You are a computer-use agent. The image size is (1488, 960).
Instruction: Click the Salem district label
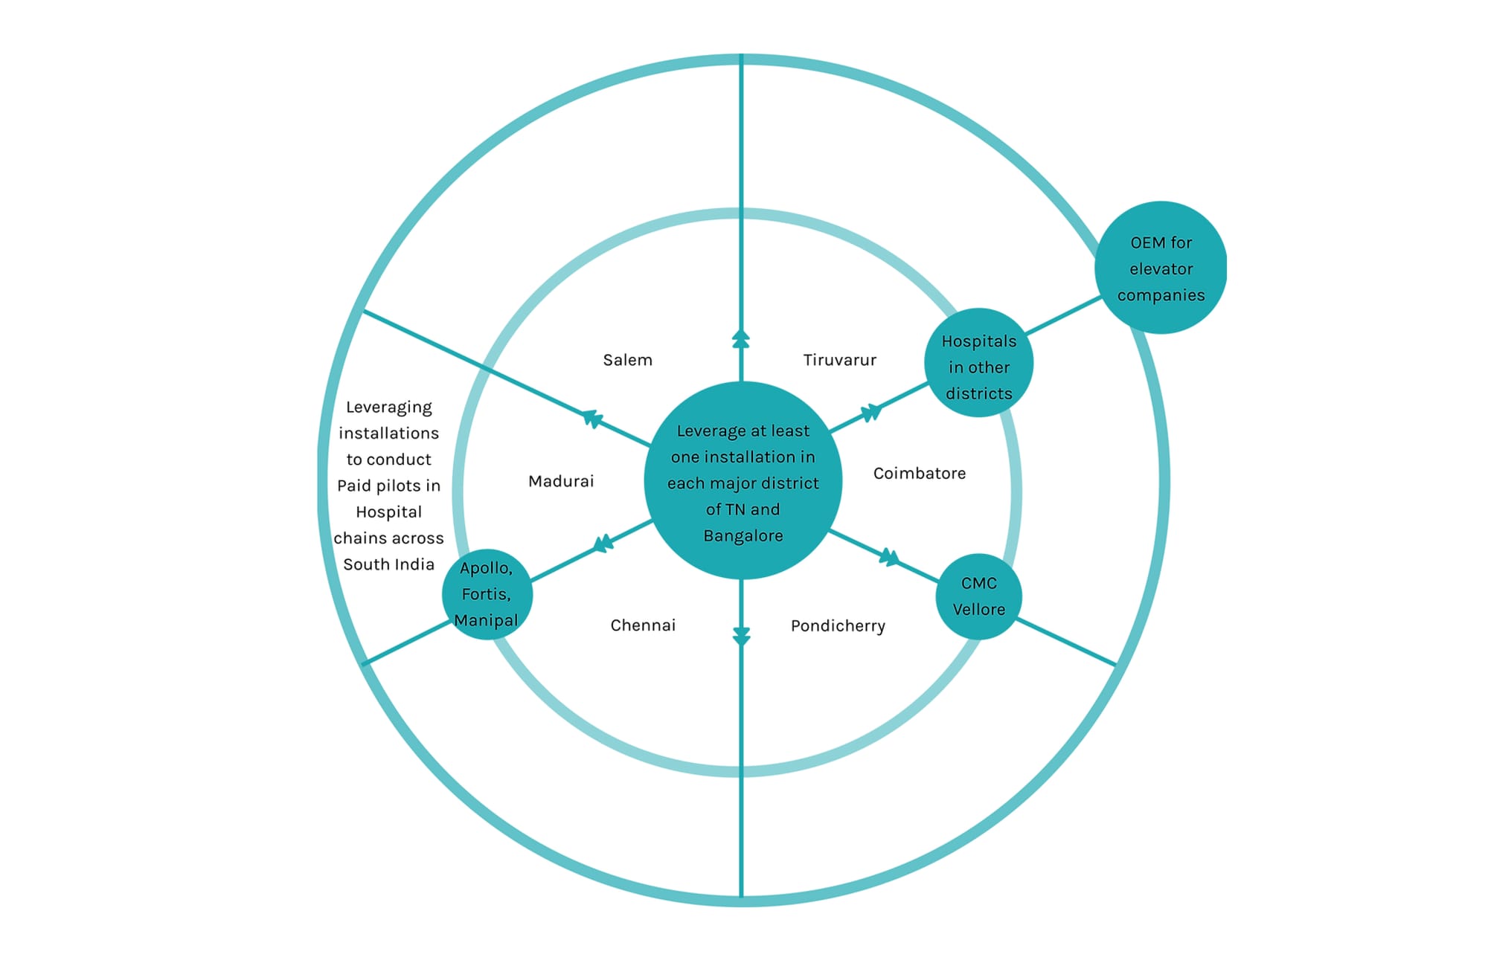pyautogui.click(x=627, y=360)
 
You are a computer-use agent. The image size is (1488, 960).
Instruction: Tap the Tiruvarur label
pyautogui.click(x=839, y=360)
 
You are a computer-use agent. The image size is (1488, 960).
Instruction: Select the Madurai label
pyautogui.click(x=561, y=481)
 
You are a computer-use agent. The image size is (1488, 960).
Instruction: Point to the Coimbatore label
pyautogui.click(x=919, y=473)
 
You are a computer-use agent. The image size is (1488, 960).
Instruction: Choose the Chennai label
pyautogui.click(x=643, y=625)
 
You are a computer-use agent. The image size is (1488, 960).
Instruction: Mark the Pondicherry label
pyautogui.click(x=838, y=625)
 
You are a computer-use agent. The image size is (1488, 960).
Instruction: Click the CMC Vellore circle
pyautogui.click(x=978, y=596)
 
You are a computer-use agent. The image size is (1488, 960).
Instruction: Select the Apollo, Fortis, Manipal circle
pyautogui.click(x=487, y=594)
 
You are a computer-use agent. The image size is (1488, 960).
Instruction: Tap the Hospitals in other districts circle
pyautogui.click(x=978, y=363)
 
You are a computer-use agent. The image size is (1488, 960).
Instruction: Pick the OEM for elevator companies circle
pyautogui.click(x=1161, y=268)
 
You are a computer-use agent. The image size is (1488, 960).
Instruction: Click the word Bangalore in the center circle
pyautogui.click(x=743, y=535)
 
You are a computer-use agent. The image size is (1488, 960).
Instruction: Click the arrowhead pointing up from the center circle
pyautogui.click(x=741, y=338)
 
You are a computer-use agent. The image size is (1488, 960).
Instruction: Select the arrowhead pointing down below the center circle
pyautogui.click(x=741, y=636)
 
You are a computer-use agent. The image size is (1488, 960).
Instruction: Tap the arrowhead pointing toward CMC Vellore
pyautogui.click(x=890, y=557)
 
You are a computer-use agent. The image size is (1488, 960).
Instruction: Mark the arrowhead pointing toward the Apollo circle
pyautogui.click(x=603, y=544)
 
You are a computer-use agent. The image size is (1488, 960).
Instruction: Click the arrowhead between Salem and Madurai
pyautogui.click(x=592, y=419)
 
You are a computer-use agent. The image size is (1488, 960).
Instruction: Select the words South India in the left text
pyautogui.click(x=388, y=564)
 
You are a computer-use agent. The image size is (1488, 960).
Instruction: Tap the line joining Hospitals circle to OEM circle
pyautogui.click(x=1062, y=315)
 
